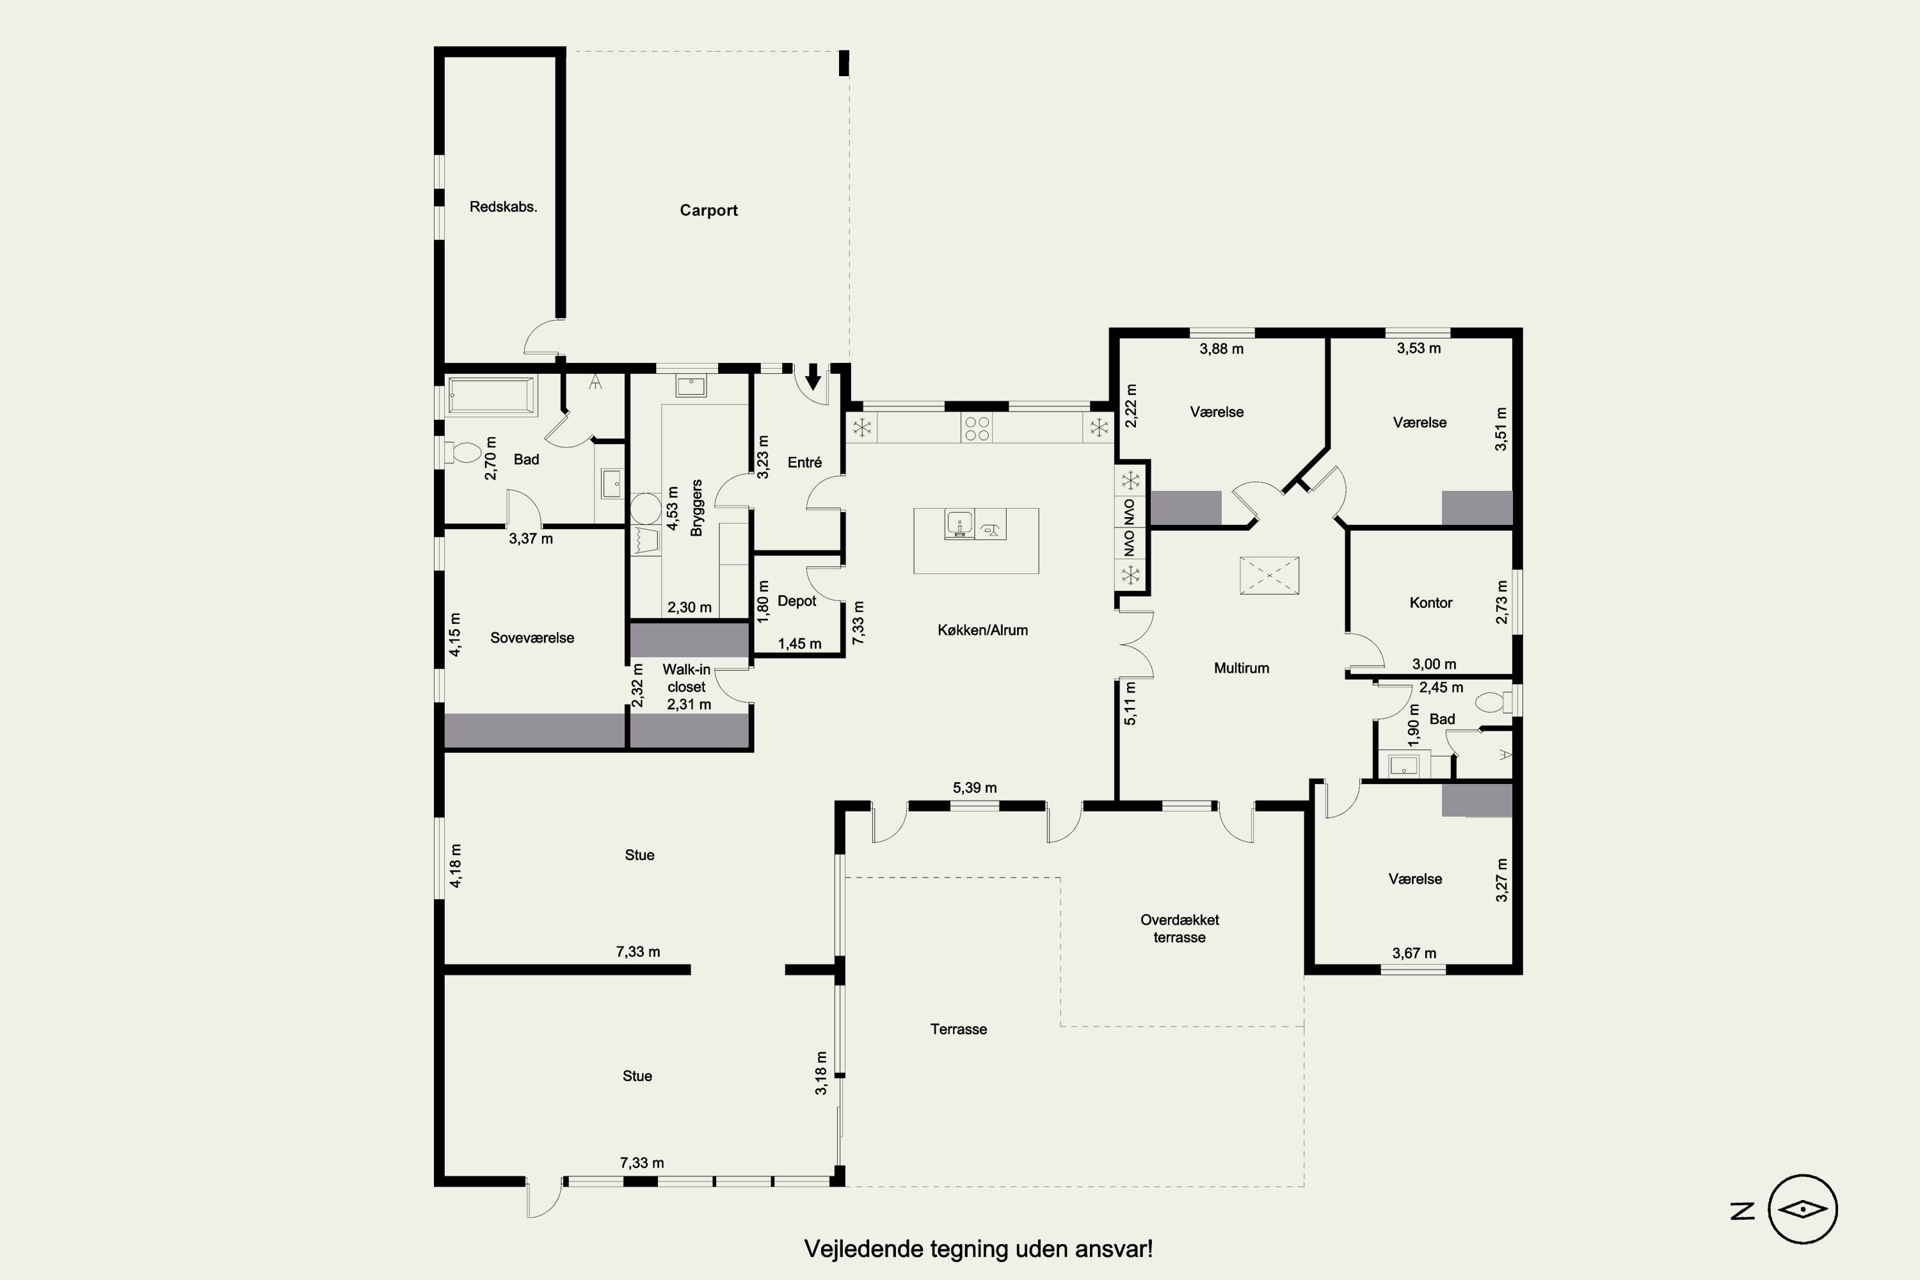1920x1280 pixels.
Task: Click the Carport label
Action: [x=708, y=211]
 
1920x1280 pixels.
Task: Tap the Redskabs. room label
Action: [x=503, y=207]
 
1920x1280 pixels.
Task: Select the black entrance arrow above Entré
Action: [x=813, y=377]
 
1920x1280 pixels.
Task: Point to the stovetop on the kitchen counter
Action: [x=977, y=428]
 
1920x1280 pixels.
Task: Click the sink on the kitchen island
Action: [x=960, y=524]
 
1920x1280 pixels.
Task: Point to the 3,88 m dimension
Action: [x=1221, y=349]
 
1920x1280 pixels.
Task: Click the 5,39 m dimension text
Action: [x=975, y=788]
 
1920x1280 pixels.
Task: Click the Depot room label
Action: [x=797, y=602]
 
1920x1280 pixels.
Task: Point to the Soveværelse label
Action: [x=532, y=638]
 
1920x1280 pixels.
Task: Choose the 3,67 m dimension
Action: [x=1414, y=954]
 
